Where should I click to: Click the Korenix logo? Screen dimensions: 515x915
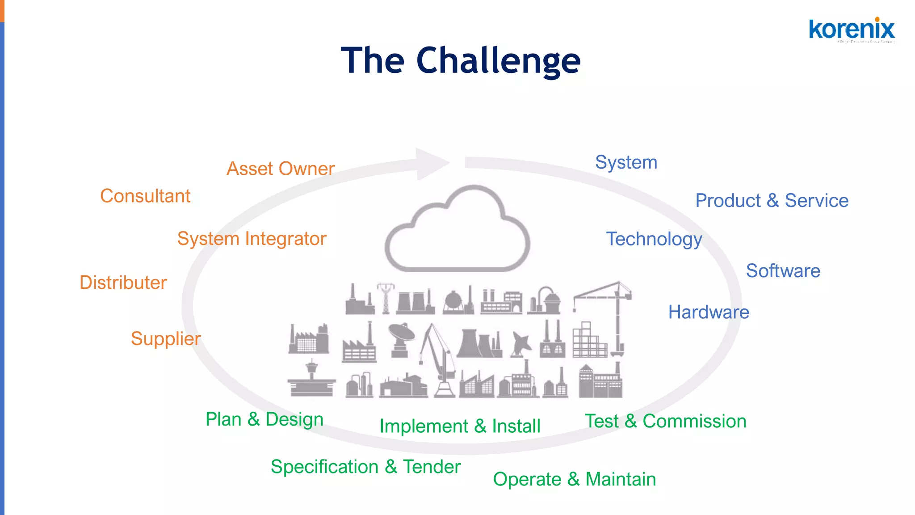852,30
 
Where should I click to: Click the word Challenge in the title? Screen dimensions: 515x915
498,61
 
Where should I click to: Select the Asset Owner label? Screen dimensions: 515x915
280,169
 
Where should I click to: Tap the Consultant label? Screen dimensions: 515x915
145,196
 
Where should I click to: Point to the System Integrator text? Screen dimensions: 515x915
252,238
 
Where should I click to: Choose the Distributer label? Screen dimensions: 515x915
123,283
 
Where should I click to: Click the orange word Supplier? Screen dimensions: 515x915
166,338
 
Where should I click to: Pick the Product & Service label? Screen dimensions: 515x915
772,200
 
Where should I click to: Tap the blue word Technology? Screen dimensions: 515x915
654,239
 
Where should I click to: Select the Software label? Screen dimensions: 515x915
783,270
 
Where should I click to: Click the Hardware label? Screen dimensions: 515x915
709,312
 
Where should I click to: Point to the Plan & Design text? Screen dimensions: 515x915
264,419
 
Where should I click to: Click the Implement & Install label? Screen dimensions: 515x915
460,426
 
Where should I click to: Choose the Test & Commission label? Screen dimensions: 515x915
665,421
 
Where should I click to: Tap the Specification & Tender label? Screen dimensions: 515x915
365,467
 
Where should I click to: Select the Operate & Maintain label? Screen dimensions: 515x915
574,479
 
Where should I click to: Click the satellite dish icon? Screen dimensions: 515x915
401,339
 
